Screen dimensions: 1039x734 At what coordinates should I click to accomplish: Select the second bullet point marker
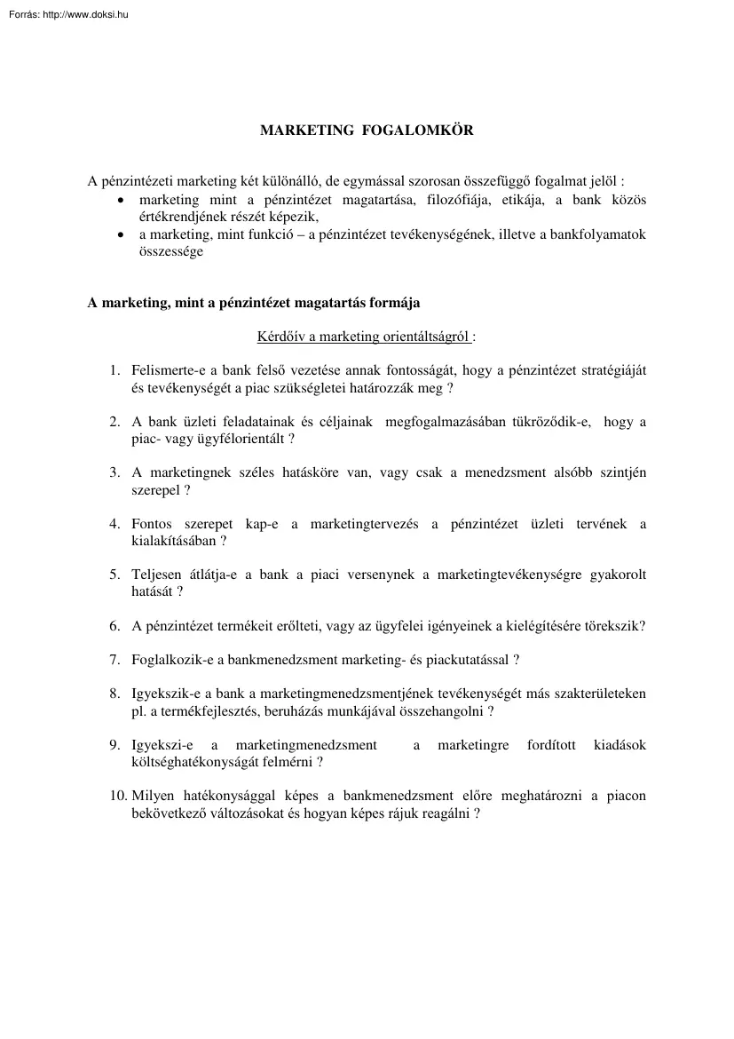click(x=122, y=235)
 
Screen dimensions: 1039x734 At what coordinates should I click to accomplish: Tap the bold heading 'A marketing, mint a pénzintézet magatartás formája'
click(x=254, y=302)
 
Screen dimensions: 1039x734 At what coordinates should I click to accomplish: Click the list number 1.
click(x=114, y=370)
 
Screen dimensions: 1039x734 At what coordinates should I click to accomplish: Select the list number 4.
click(x=114, y=524)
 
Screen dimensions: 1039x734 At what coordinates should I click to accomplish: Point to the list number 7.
click(x=114, y=660)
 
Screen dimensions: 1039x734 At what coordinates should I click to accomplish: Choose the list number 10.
click(x=118, y=796)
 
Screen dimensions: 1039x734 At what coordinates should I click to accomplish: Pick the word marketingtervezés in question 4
click(x=364, y=524)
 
